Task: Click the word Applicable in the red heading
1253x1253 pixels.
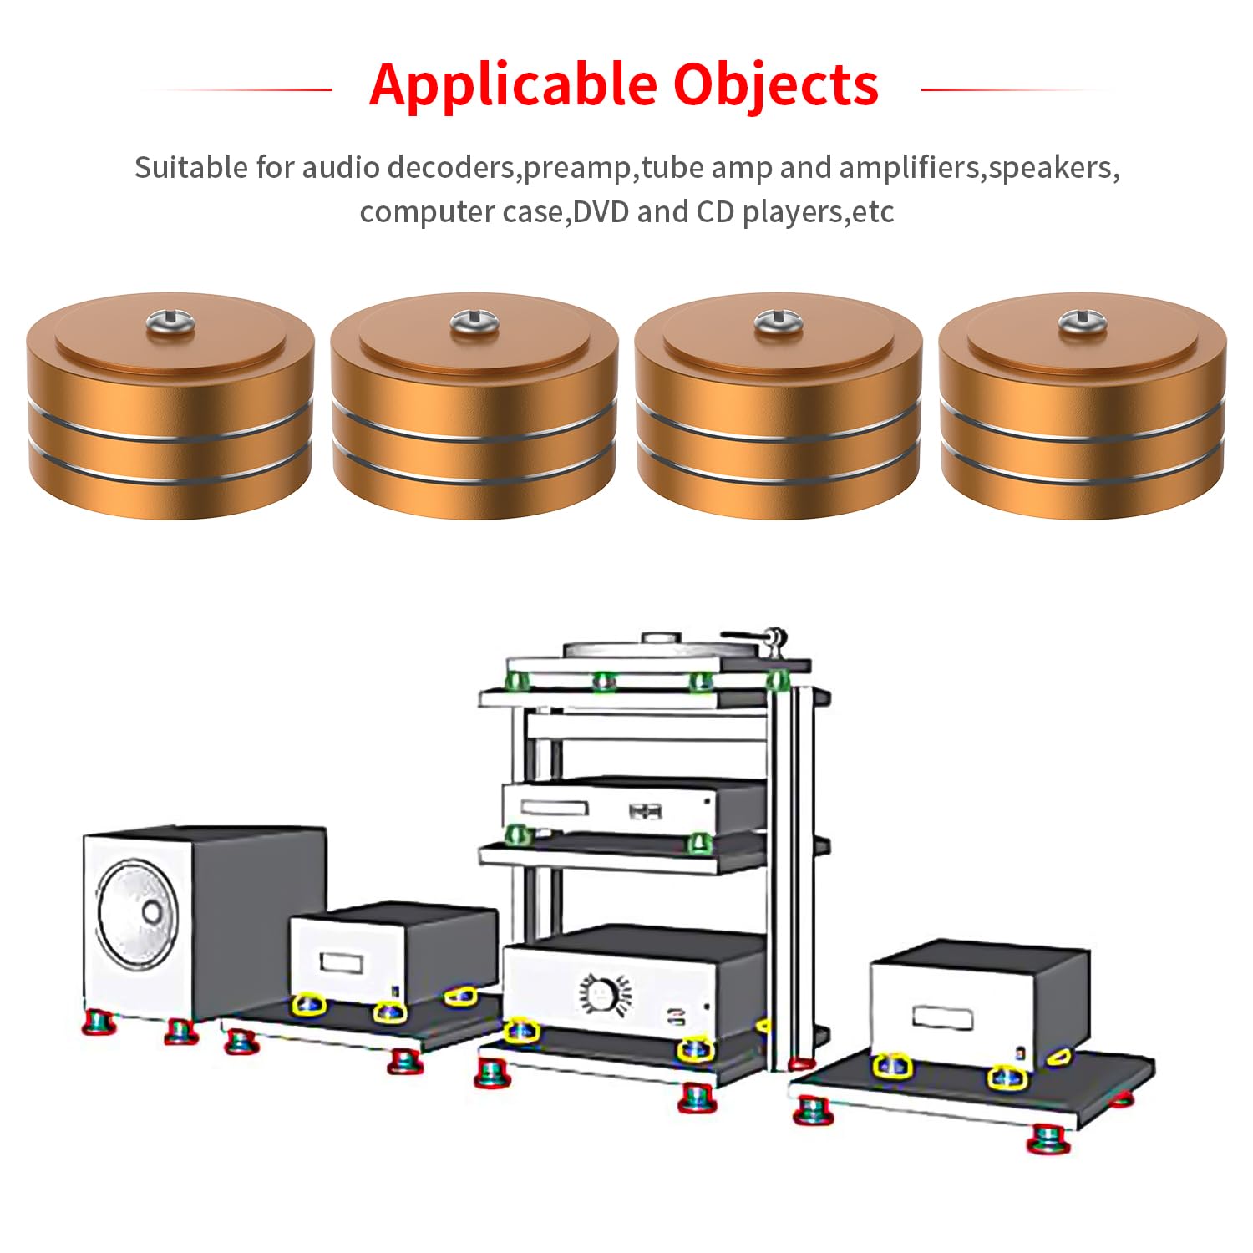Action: pyautogui.click(x=513, y=85)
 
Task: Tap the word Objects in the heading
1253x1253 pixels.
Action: pyautogui.click(x=776, y=85)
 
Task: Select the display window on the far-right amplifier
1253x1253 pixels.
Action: pyautogui.click(x=943, y=1017)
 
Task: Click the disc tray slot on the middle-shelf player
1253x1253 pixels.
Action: pyautogui.click(x=555, y=808)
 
